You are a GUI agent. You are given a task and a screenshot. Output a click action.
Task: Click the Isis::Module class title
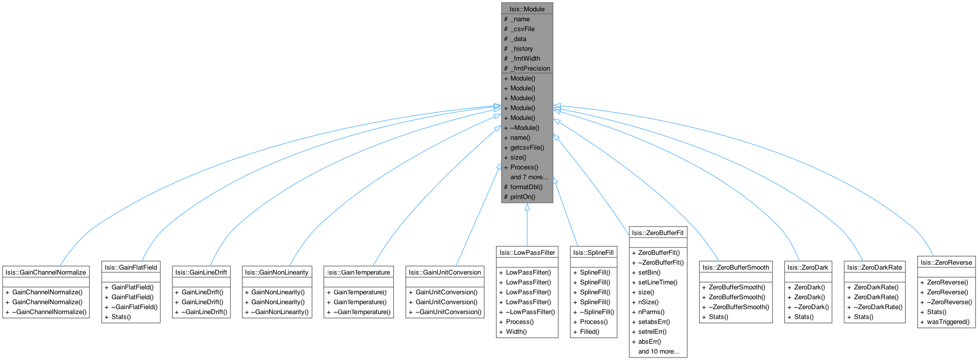[527, 9]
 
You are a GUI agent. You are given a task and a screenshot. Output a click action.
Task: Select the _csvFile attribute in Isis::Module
[522, 29]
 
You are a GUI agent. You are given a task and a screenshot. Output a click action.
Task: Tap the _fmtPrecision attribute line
[530, 68]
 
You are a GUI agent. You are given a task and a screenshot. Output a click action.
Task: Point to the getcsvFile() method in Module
[527, 147]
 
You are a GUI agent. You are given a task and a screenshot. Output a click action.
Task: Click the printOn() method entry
[522, 197]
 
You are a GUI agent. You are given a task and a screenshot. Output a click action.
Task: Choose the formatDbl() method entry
[526, 187]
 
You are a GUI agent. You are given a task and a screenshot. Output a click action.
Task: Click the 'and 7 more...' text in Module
[529, 177]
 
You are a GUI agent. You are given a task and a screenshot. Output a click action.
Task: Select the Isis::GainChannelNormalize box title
[46, 272]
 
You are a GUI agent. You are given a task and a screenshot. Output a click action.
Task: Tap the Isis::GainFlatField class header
[131, 267]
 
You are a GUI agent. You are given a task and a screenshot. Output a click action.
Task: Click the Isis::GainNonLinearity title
[276, 272]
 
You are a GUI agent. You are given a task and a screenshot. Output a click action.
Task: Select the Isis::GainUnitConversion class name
[444, 272]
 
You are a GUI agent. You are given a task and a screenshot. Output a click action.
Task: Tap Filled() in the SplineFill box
[589, 331]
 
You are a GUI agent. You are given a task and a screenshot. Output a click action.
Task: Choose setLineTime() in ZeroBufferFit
[658, 282]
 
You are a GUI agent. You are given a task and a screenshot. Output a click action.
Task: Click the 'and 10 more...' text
[659, 351]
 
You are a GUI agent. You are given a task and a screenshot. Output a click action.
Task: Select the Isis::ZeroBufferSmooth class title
[736, 267]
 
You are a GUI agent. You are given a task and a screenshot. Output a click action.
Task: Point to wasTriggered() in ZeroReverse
[948, 321]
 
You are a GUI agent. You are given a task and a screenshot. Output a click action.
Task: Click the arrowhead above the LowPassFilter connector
[527, 207]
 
